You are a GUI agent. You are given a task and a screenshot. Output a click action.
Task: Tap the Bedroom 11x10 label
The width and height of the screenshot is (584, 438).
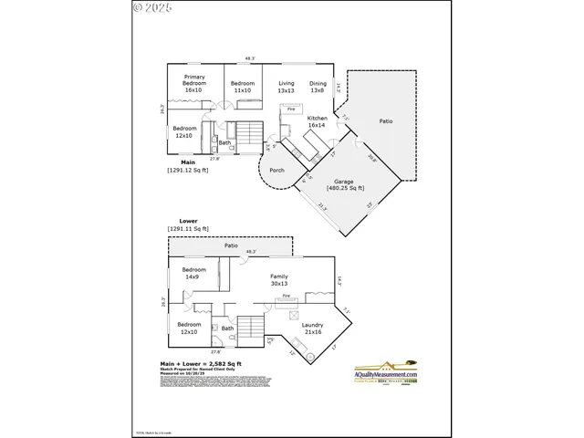pyautogui.click(x=241, y=87)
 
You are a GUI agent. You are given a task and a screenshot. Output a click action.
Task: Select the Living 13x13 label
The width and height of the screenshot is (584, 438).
pyautogui.click(x=286, y=87)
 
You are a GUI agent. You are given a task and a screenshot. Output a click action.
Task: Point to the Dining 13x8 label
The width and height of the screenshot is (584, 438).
pyautogui.click(x=317, y=87)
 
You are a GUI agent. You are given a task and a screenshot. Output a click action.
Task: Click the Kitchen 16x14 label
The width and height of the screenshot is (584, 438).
pyautogui.click(x=317, y=121)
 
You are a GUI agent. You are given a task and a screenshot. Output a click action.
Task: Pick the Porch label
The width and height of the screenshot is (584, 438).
pyautogui.click(x=276, y=170)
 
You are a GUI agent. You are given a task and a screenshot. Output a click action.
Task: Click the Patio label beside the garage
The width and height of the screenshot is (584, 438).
pyautogui.click(x=386, y=121)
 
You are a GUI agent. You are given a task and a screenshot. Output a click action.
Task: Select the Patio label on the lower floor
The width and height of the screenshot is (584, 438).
pyautogui.click(x=231, y=246)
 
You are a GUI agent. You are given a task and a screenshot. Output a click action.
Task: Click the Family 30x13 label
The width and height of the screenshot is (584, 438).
pyautogui.click(x=278, y=279)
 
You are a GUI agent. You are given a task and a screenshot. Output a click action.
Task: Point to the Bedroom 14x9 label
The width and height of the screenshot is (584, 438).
pyautogui.click(x=193, y=273)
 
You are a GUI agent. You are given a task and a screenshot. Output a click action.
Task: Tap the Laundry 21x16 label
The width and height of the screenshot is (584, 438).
pyautogui.click(x=312, y=328)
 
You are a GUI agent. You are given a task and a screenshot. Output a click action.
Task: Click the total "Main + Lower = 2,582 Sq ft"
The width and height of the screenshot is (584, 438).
pyautogui.click(x=194, y=363)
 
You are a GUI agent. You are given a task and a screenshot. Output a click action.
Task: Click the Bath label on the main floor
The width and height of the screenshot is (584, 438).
pyautogui.click(x=224, y=142)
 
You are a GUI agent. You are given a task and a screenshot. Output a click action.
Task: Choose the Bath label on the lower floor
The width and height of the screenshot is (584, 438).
pyautogui.click(x=227, y=328)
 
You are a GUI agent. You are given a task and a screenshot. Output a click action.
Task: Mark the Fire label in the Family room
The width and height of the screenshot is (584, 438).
pyautogui.click(x=286, y=297)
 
